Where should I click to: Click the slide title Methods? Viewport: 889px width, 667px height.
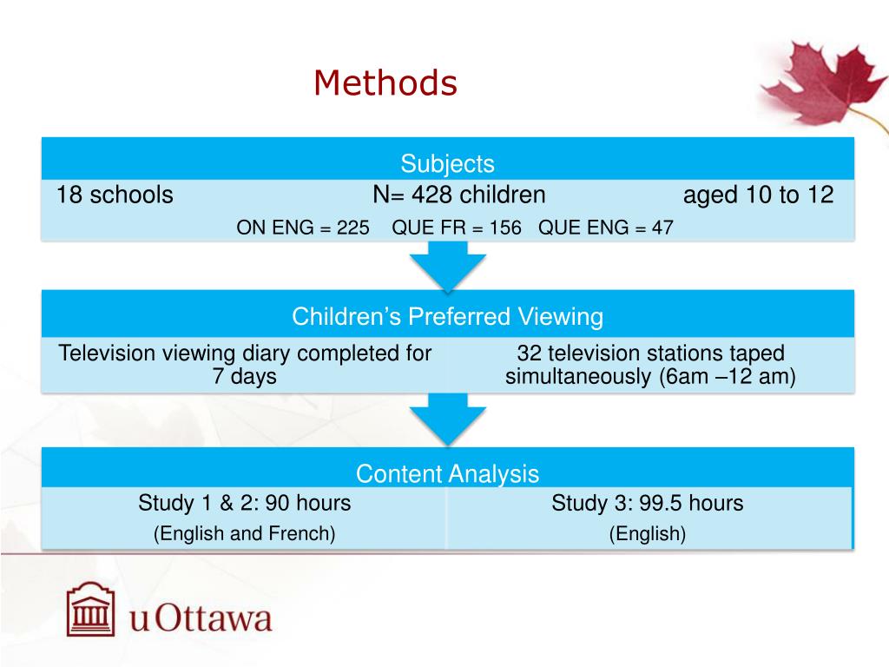(x=385, y=83)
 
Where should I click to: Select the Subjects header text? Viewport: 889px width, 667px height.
(x=447, y=163)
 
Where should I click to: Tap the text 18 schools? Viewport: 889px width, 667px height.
(x=115, y=195)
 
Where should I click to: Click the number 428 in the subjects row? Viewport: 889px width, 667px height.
(x=433, y=195)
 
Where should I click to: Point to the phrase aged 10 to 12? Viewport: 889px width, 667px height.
(x=758, y=195)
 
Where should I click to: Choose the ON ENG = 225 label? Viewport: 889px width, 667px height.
(x=303, y=228)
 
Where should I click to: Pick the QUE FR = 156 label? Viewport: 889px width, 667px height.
(x=457, y=228)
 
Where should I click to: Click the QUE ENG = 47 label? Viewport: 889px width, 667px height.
(x=605, y=228)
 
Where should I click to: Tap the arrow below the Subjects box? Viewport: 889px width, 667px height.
(x=448, y=265)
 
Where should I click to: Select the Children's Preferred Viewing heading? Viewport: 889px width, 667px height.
(x=447, y=317)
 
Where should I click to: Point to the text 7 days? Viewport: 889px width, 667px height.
(x=244, y=377)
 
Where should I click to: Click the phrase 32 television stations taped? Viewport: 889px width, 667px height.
(x=650, y=353)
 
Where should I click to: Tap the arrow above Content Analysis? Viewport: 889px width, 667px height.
(x=448, y=419)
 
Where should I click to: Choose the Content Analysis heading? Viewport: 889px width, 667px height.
(x=447, y=474)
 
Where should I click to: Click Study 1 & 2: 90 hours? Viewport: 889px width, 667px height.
(x=244, y=503)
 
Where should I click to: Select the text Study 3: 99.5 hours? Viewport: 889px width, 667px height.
(x=647, y=503)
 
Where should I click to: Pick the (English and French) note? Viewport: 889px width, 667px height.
(x=244, y=533)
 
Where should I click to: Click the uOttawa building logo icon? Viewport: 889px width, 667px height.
(x=92, y=610)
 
